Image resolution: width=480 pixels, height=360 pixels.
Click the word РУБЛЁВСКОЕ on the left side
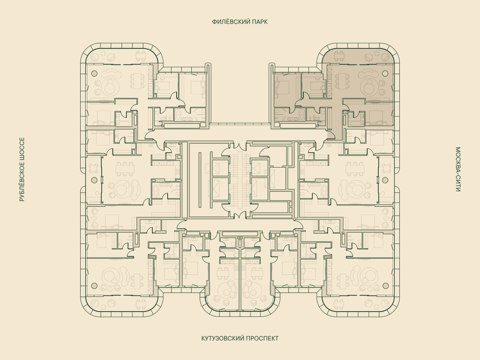(x=22, y=180)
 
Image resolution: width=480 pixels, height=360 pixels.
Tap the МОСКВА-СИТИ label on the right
(x=458, y=169)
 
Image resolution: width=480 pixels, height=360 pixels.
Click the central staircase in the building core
(x=240, y=179)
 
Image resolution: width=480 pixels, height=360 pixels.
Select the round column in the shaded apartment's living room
(x=385, y=73)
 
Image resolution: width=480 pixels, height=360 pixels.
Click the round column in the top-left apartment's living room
(x=94, y=73)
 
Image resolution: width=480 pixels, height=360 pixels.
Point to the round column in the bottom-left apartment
(x=94, y=286)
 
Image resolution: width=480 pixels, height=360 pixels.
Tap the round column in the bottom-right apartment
(x=385, y=286)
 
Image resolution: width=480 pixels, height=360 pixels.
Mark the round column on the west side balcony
(x=94, y=180)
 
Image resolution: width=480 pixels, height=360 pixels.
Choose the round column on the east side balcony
(x=385, y=180)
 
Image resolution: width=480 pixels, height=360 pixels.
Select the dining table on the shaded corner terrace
(x=339, y=56)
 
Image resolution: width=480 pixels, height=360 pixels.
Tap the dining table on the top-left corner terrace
(x=141, y=56)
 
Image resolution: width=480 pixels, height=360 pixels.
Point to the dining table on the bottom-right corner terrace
(x=339, y=304)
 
